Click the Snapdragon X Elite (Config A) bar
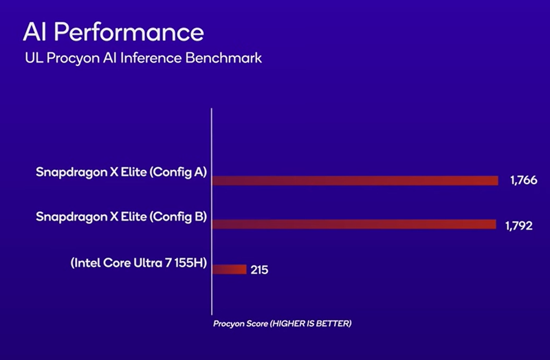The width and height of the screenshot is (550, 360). (355, 181)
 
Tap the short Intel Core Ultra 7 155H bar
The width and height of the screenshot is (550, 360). (229, 269)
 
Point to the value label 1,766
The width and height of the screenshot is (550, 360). (523, 181)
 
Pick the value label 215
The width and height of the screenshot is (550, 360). (259, 270)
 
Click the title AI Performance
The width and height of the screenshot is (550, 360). (113, 32)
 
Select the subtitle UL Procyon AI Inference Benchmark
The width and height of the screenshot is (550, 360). (143, 58)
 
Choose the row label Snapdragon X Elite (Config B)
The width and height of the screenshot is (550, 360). (121, 217)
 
